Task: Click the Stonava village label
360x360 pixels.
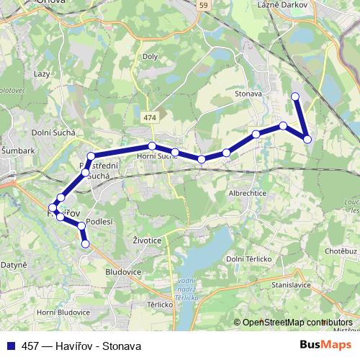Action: coord(247,93)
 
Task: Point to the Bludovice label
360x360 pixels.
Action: coord(120,274)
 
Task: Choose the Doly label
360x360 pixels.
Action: coord(150,56)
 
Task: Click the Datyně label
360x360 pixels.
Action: coord(13,265)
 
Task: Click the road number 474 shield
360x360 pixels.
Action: coord(149,116)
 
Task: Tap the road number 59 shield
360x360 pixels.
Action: coord(204,5)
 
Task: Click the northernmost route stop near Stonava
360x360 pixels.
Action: coord(294,96)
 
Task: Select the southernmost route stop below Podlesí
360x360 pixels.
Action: coord(86,244)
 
